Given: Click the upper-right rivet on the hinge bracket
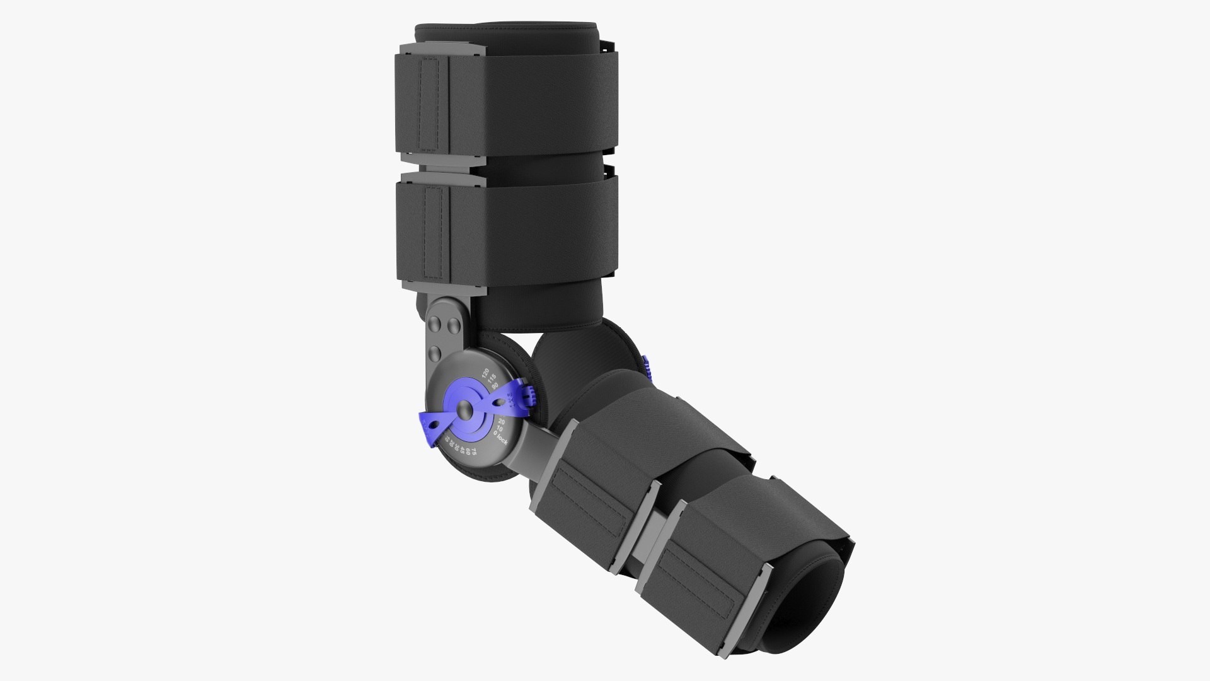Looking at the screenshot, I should tap(452, 327).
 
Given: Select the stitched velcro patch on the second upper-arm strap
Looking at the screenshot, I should tap(435, 233).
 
